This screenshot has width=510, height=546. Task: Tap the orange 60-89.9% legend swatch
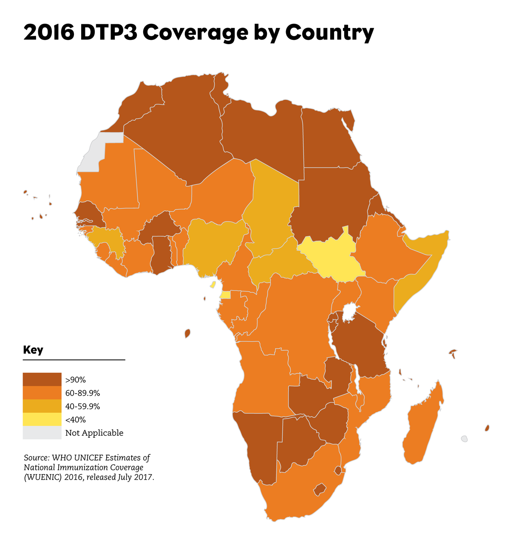(x=42, y=393)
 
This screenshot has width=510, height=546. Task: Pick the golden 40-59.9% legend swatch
(x=42, y=406)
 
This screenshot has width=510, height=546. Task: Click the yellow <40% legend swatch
(x=42, y=419)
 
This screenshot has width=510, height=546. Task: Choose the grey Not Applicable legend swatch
(x=42, y=433)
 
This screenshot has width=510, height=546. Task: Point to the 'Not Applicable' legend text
(x=94, y=433)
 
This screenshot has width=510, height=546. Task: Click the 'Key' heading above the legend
(x=33, y=350)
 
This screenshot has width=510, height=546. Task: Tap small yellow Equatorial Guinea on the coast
(x=225, y=295)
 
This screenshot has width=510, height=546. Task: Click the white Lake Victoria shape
(x=349, y=312)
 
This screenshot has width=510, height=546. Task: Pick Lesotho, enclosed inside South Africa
(x=320, y=490)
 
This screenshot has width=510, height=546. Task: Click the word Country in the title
(x=329, y=33)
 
